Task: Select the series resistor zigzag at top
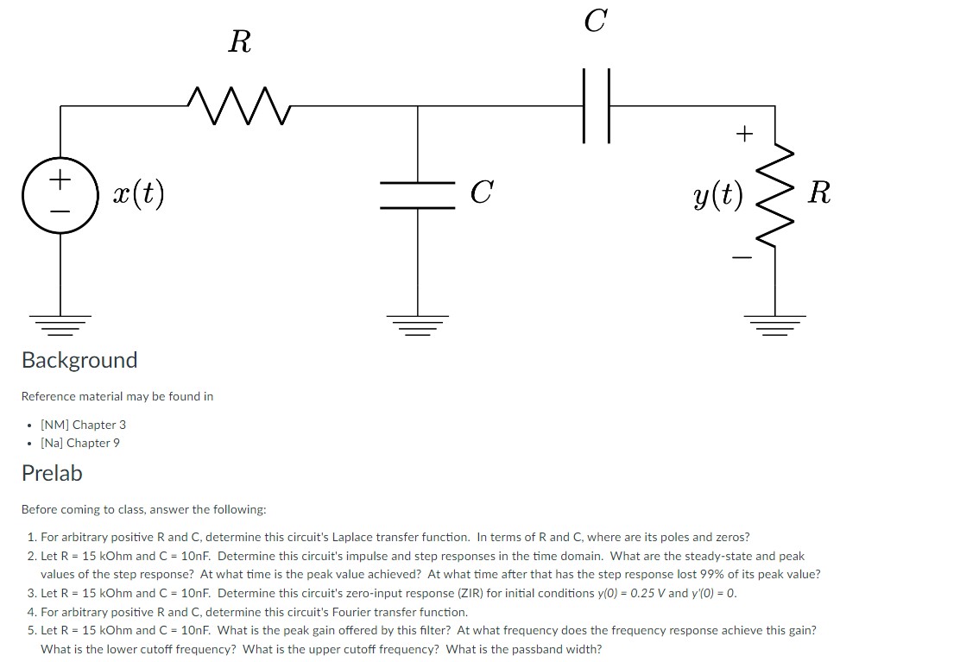240,106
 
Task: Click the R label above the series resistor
240,41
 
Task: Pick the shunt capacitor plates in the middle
419,195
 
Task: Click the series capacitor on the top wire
596,106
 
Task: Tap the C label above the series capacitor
595,20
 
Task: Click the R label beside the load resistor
818,192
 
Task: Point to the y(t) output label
717,198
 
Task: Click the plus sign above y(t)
743,134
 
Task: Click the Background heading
79,360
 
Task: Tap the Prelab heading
52,473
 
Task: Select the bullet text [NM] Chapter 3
83,425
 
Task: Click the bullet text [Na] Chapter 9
80,443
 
